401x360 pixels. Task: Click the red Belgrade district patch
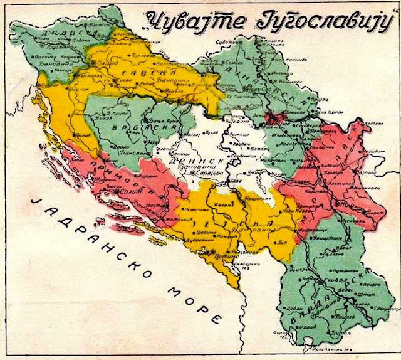tap(274, 118)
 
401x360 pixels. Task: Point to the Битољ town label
tap(344, 326)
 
